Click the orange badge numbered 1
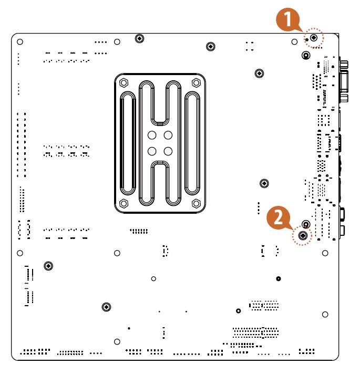286,20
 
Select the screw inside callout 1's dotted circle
314,38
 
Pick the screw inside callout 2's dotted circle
303,236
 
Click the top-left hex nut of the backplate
124,82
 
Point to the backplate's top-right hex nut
197,82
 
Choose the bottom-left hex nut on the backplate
124,203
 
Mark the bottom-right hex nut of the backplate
197,203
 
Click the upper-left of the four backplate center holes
152,135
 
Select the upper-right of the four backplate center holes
168,135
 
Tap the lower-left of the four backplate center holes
152,151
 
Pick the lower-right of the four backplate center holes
168,151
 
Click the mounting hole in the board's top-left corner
20,41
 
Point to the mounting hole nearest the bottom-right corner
325,314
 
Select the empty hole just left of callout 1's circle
294,41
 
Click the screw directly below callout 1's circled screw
306,55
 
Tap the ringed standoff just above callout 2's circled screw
265,183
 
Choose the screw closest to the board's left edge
48,266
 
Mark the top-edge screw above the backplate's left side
139,38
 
